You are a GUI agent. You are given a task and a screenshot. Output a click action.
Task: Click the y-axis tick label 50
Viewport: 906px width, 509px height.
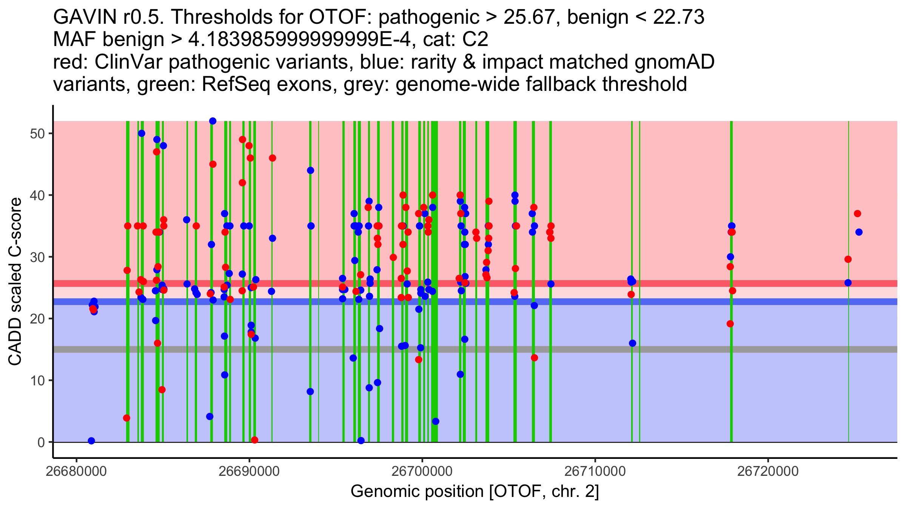pyautogui.click(x=37, y=134)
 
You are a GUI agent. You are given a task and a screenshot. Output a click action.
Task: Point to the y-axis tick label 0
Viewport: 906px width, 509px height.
pyautogui.click(x=41, y=442)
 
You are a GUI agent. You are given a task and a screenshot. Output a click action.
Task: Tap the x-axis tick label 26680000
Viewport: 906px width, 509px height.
pyautogui.click(x=76, y=471)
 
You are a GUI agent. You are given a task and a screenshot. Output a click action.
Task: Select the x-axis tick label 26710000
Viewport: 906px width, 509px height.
pyautogui.click(x=595, y=471)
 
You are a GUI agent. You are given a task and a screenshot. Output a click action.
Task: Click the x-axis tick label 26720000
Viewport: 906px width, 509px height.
pyautogui.click(x=768, y=471)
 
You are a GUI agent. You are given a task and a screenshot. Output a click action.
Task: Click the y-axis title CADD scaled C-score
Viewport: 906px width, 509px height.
pyautogui.click(x=15, y=282)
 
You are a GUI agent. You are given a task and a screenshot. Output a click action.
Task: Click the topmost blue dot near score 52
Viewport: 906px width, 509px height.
pyautogui.click(x=213, y=121)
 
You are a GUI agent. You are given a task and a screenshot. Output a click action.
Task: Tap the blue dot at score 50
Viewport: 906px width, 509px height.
pyautogui.click(x=142, y=133)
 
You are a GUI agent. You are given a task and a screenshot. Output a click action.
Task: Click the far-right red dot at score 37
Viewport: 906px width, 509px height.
pyautogui.click(x=857, y=214)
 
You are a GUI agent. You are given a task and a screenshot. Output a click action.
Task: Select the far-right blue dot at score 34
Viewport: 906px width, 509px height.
pyautogui.click(x=859, y=232)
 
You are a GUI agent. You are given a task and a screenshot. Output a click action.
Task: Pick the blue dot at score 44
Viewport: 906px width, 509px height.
pyautogui.click(x=310, y=170)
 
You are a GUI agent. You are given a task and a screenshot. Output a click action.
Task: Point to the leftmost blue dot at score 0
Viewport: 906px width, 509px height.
pyautogui.click(x=91, y=441)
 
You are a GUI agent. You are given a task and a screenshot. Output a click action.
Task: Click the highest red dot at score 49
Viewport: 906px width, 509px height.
pyautogui.click(x=242, y=140)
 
